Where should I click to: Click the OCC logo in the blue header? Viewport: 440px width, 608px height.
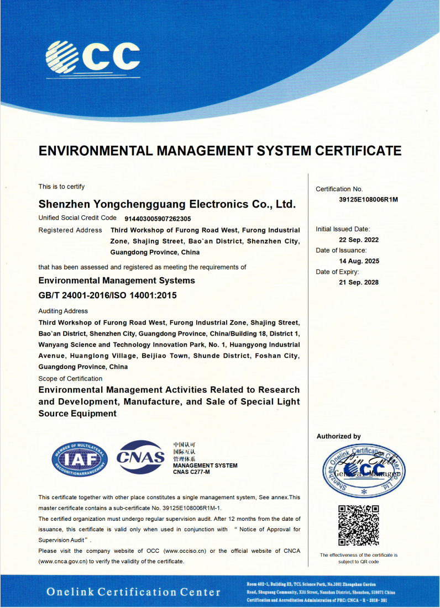pyautogui.click(x=92, y=56)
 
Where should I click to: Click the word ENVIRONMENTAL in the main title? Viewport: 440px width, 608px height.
pyautogui.click(x=96, y=151)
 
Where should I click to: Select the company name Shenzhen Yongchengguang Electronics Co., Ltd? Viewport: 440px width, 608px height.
pyautogui.click(x=167, y=204)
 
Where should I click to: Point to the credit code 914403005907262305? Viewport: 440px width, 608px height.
pyautogui.click(x=158, y=219)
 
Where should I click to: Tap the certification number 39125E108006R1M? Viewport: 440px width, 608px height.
pyautogui.click(x=368, y=199)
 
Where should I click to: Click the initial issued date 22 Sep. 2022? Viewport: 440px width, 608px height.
pyautogui.click(x=359, y=240)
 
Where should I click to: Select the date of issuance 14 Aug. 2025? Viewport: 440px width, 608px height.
pyautogui.click(x=359, y=261)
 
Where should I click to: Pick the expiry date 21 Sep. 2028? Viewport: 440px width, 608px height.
pyautogui.click(x=359, y=283)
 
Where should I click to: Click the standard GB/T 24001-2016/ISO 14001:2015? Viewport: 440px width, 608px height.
pyautogui.click(x=108, y=295)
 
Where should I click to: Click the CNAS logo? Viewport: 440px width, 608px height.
pyautogui.click(x=141, y=457)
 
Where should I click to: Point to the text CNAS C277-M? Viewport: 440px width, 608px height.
pyautogui.click(x=192, y=472)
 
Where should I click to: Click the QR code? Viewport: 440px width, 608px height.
pyautogui.click(x=358, y=525)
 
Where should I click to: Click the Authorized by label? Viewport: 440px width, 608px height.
pyautogui.click(x=338, y=436)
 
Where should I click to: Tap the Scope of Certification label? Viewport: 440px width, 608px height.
pyautogui.click(x=70, y=379)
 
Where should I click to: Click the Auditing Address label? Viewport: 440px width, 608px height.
pyautogui.click(x=63, y=311)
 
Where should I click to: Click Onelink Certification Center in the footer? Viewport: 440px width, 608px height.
pyautogui.click(x=133, y=592)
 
